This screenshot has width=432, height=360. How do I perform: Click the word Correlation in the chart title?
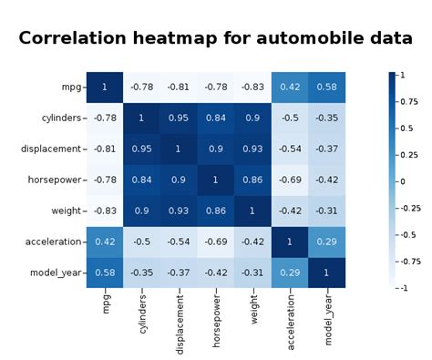point(75,39)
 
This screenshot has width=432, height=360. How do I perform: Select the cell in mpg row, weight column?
point(252,87)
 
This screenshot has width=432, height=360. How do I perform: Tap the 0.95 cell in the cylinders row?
point(179,118)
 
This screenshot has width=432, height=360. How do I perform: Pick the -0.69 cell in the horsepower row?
point(290,180)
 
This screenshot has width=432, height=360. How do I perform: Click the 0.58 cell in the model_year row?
point(105,272)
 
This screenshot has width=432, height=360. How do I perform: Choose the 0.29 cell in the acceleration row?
point(326,241)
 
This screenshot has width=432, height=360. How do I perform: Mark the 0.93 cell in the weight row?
point(179,210)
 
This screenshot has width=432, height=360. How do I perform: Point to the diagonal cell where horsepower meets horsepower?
point(216,180)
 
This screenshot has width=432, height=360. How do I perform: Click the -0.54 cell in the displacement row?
point(290,149)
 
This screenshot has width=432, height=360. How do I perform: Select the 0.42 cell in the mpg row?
point(290,87)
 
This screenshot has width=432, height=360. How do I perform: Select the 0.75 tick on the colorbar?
point(407,102)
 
